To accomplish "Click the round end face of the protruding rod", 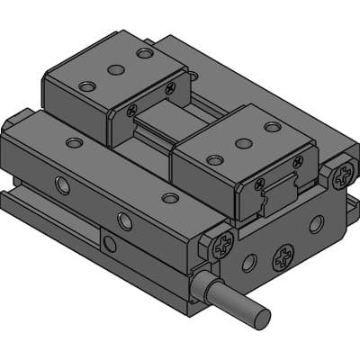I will [x=261, y=318].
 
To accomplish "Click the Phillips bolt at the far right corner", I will [x=340, y=175].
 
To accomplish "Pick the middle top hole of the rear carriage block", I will [x=115, y=69].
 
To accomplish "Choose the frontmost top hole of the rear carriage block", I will [x=86, y=86].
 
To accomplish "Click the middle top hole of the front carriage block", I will [x=243, y=143].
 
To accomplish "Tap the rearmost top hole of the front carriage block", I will [x=272, y=127].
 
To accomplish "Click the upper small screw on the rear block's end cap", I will [x=170, y=88].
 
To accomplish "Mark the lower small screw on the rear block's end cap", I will [x=132, y=111].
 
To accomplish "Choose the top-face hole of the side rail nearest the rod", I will [x=169, y=198].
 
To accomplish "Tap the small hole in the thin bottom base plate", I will [x=109, y=243].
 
